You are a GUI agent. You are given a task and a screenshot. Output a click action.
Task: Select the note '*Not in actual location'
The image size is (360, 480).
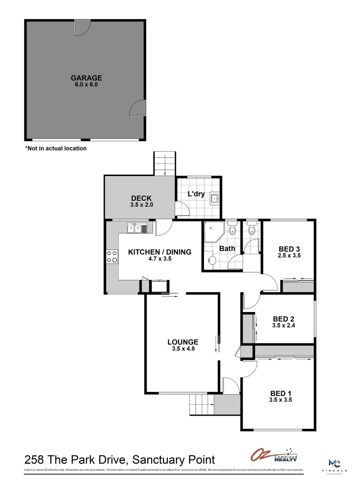pyautogui.click(x=56, y=148)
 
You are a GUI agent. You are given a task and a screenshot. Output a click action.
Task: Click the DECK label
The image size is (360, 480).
pyautogui.click(x=141, y=198)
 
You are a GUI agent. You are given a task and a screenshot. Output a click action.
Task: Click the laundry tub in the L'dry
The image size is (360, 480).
pyautogui.click(x=215, y=198)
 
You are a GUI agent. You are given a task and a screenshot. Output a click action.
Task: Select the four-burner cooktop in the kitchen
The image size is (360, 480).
pyautogui.click(x=112, y=256)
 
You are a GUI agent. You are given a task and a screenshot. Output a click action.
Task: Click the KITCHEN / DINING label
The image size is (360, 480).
pyautogui.click(x=160, y=252)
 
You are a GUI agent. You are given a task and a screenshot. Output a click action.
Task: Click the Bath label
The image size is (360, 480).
pyautogui.click(x=227, y=248)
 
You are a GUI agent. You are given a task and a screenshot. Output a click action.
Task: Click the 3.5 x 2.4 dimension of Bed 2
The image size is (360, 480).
pyautogui.click(x=284, y=325)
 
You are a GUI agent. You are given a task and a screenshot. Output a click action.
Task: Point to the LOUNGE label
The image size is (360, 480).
pyautogui.click(x=183, y=342)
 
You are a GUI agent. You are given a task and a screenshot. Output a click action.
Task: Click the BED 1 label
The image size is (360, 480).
pyautogui.click(x=281, y=393)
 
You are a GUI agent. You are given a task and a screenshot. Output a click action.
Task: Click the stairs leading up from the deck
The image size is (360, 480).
pyautogui.click(x=165, y=163)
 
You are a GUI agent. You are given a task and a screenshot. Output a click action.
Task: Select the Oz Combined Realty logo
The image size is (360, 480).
pyautogui.click(x=274, y=455)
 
